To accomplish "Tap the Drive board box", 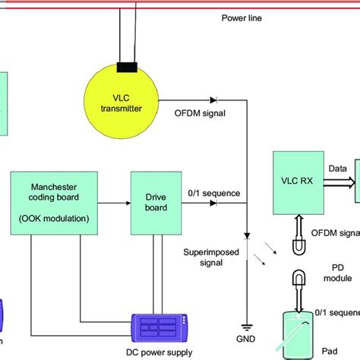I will pos(154,202).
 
